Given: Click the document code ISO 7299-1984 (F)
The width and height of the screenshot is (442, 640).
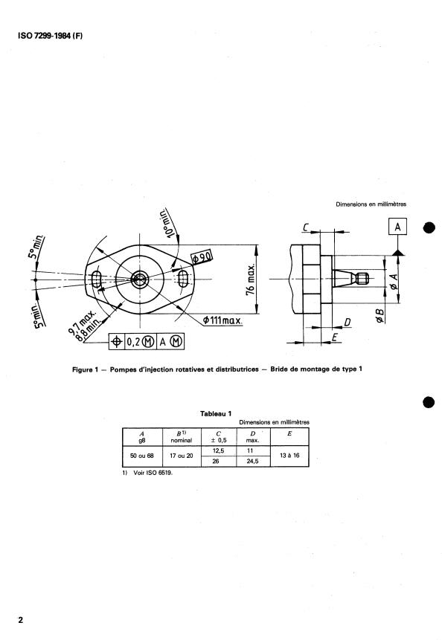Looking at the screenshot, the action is point(50,36).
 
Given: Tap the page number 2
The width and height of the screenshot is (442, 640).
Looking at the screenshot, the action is point(20,620).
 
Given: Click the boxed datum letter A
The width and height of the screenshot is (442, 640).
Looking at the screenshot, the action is point(397,227).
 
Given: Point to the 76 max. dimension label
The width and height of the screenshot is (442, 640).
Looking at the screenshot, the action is point(251,279).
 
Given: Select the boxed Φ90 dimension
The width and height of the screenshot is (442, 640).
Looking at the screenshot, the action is point(202,257).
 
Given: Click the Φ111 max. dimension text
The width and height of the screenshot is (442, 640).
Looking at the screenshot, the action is point(222,320).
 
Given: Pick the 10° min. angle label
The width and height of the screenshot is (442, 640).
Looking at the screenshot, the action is point(168,222).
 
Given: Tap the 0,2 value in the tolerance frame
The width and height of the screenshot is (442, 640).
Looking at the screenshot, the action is point(132,342).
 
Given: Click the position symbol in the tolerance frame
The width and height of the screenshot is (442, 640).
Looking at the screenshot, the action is point(116,342).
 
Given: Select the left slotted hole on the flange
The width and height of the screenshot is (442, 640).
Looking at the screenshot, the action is point(97,279).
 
